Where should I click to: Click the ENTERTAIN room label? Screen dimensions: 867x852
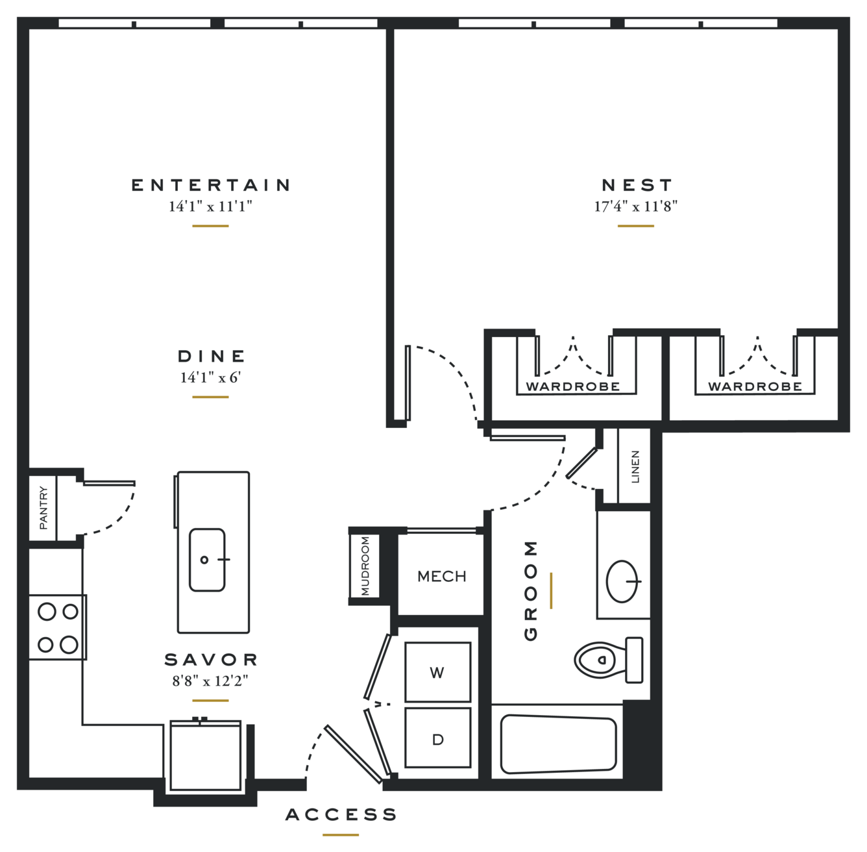tap(210, 185)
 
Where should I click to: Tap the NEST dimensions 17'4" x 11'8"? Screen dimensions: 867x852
tap(636, 207)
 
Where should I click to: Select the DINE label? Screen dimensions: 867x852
tap(212, 357)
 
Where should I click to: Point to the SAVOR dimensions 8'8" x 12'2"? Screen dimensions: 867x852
tap(210, 681)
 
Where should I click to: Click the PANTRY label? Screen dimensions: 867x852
tap(43, 508)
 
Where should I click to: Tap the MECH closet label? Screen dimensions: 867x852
tap(441, 576)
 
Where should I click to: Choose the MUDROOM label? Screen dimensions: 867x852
tap(365, 566)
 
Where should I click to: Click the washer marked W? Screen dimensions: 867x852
tap(437, 672)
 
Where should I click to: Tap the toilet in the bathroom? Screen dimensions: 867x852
tap(609, 660)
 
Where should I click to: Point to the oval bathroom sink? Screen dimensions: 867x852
tap(622, 581)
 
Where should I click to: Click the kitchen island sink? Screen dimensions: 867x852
tap(207, 560)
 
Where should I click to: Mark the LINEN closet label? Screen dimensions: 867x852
tap(635, 467)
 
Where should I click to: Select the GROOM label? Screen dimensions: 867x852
tap(531, 590)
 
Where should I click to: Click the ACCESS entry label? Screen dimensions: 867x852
tap(341, 814)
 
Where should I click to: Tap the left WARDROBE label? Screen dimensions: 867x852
tap(573, 386)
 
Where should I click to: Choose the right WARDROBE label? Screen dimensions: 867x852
tap(755, 386)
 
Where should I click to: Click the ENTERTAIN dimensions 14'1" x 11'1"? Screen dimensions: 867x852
tap(210, 207)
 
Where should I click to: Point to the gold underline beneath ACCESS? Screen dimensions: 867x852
tap(341, 835)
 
